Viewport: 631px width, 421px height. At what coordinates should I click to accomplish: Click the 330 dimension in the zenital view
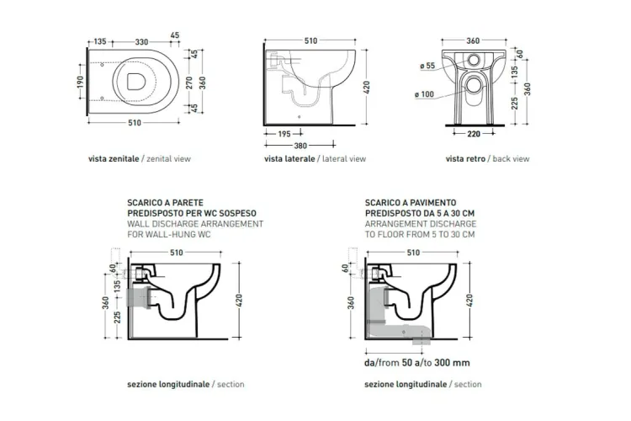pyautogui.click(x=141, y=41)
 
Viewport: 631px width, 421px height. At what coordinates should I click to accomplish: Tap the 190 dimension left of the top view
pyautogui.click(x=80, y=83)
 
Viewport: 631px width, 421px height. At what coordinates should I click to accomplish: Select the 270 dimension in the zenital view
pyautogui.click(x=189, y=83)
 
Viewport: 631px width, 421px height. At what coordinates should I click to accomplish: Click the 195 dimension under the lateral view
pyautogui.click(x=284, y=134)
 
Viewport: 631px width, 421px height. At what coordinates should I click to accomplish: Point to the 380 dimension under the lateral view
pyautogui.click(x=300, y=146)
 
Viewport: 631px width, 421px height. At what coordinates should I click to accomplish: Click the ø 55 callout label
pyautogui.click(x=427, y=66)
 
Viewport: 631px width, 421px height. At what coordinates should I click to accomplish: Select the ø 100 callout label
pyautogui.click(x=425, y=94)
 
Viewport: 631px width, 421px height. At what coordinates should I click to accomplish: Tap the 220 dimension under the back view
pyautogui.click(x=474, y=134)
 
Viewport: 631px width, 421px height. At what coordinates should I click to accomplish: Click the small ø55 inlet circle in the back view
pyautogui.click(x=475, y=60)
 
